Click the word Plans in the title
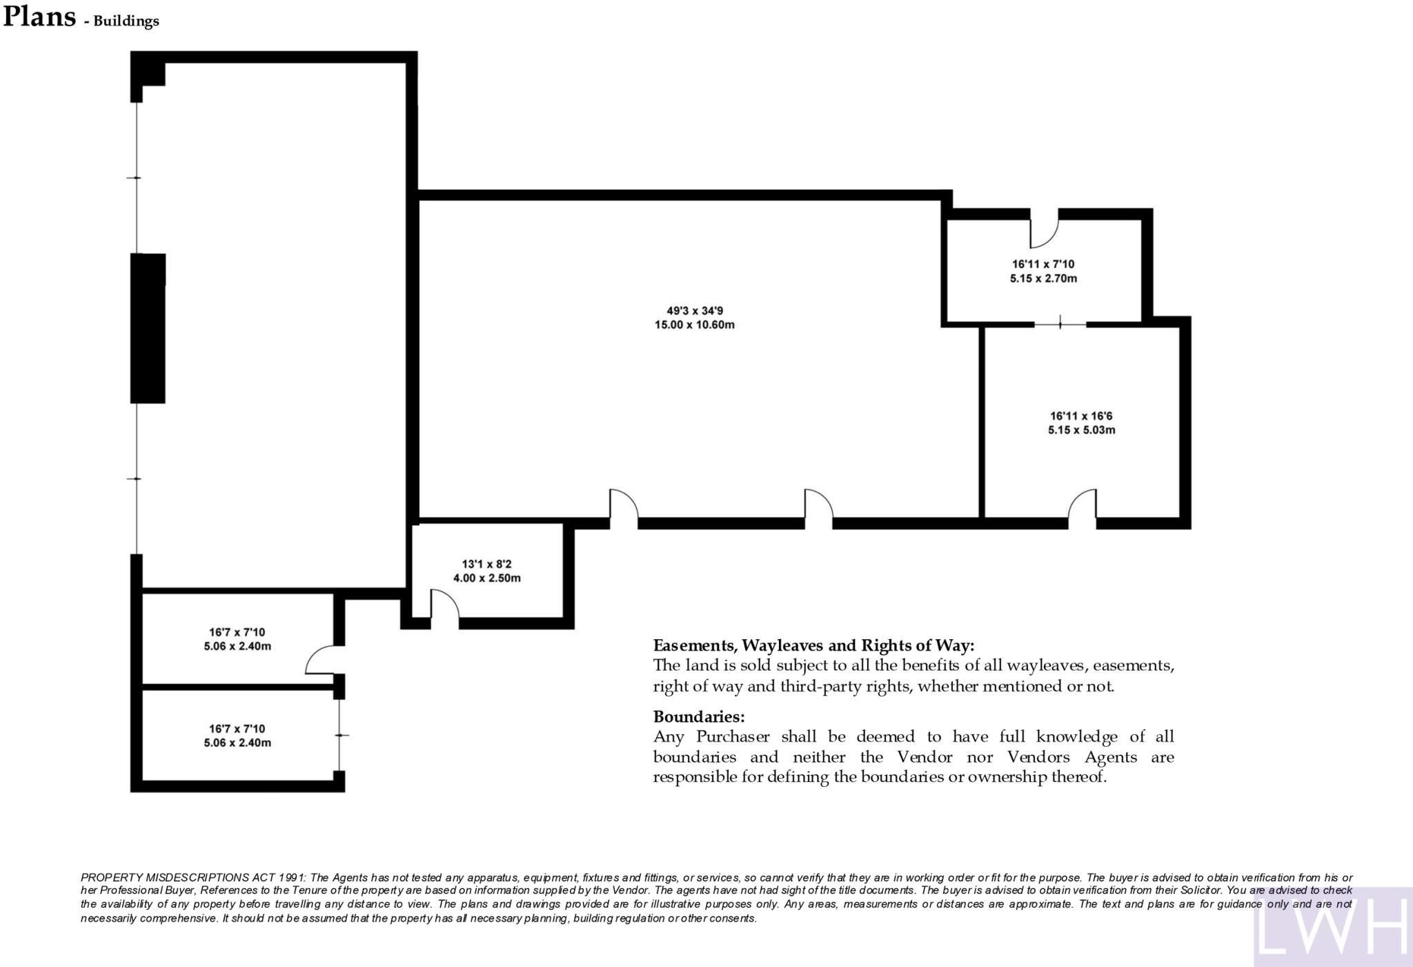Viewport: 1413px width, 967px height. (x=39, y=17)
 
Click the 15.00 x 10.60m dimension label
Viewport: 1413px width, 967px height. (x=694, y=325)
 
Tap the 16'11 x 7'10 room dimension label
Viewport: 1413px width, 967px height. (x=1043, y=264)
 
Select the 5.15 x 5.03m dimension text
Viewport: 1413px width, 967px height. (x=1081, y=430)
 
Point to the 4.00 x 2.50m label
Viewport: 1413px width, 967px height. (x=486, y=578)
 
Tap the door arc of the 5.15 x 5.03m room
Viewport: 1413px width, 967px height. (x=1082, y=506)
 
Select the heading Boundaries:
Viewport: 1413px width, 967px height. (x=698, y=716)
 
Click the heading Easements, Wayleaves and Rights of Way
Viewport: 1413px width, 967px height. (x=813, y=645)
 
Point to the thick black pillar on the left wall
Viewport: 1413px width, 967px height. (x=148, y=329)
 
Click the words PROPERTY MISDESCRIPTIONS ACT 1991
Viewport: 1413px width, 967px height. (x=194, y=877)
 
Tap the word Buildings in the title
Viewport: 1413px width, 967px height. (x=126, y=21)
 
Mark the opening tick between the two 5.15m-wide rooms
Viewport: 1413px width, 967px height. (x=1060, y=322)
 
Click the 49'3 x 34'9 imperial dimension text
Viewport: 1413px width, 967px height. (x=694, y=311)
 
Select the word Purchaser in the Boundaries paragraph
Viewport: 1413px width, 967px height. (x=733, y=736)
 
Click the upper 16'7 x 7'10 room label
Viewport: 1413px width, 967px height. (x=237, y=632)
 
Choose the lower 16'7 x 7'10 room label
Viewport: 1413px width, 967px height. (x=237, y=729)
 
